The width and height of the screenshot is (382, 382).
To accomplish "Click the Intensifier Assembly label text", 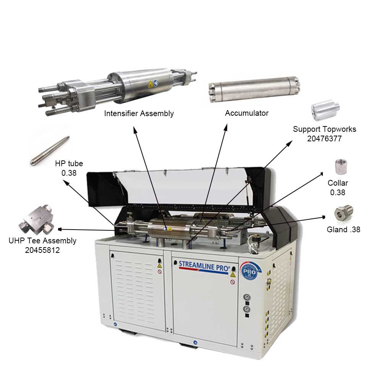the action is tap(139, 113).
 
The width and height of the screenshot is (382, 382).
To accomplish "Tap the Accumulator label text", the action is tap(246, 113).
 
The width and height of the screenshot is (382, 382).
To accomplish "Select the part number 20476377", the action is tap(324, 139).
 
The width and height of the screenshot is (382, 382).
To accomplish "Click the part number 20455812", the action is tap(42, 250).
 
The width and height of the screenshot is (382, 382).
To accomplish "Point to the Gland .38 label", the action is tap(343, 230).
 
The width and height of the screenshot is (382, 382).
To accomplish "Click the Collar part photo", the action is tap(341, 167).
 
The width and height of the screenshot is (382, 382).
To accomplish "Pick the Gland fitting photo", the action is tap(343, 213).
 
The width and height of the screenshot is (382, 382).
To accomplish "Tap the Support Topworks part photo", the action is tap(325, 110).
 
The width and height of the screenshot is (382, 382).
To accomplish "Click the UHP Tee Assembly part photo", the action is tap(37, 220).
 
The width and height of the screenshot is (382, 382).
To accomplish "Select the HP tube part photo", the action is tap(50, 151).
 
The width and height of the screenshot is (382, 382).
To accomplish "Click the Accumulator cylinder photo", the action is tap(254, 89).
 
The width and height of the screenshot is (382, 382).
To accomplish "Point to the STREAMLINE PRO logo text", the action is tap(204, 266).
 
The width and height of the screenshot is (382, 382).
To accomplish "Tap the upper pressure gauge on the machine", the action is tap(247, 297).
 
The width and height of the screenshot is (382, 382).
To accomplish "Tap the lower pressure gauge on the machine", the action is tap(247, 309).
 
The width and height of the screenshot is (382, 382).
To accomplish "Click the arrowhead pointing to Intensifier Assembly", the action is tap(135, 129).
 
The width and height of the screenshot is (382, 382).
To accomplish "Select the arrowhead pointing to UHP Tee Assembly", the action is tap(60, 229).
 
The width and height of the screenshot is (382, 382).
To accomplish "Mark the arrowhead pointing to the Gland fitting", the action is tap(324, 217).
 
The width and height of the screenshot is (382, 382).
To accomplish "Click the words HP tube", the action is tap(69, 163).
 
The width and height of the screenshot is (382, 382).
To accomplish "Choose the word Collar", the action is tap(338, 183).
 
